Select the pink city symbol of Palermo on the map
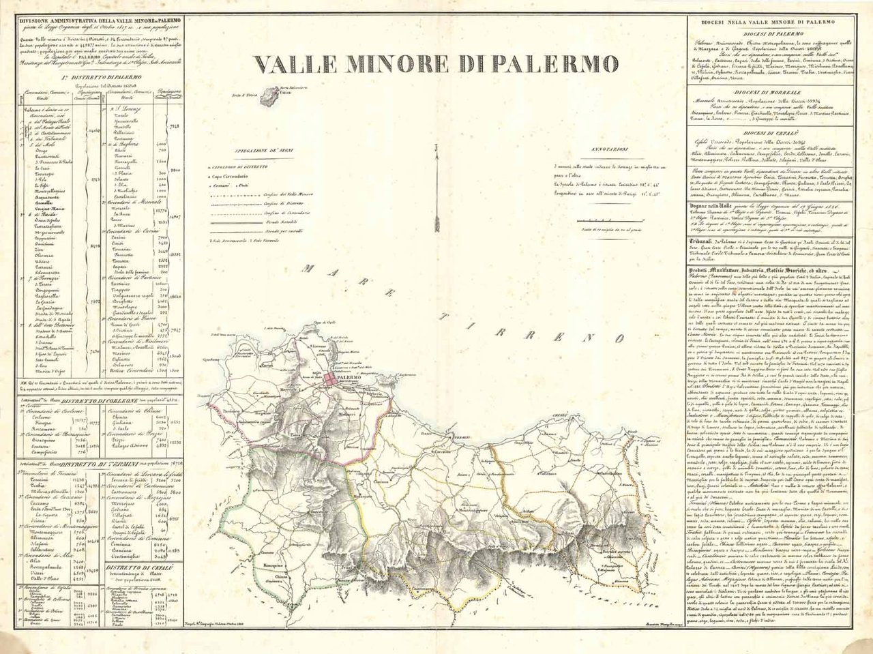coord(331,378)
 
